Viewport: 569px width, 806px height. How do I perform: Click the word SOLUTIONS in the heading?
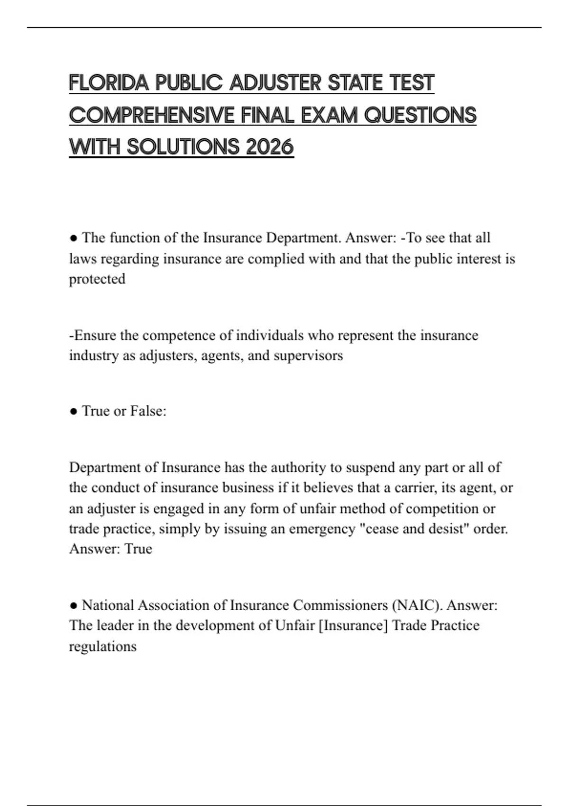click(x=184, y=147)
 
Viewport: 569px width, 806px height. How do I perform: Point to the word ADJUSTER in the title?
click(x=275, y=83)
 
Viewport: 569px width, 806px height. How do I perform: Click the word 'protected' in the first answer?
click(x=97, y=279)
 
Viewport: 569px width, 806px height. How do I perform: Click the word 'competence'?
click(x=175, y=335)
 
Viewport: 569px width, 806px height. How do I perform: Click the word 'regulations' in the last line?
click(x=102, y=646)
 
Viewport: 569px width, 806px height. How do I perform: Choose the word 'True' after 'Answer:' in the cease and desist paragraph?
click(x=138, y=549)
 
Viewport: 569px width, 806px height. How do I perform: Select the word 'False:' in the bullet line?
click(x=148, y=411)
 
